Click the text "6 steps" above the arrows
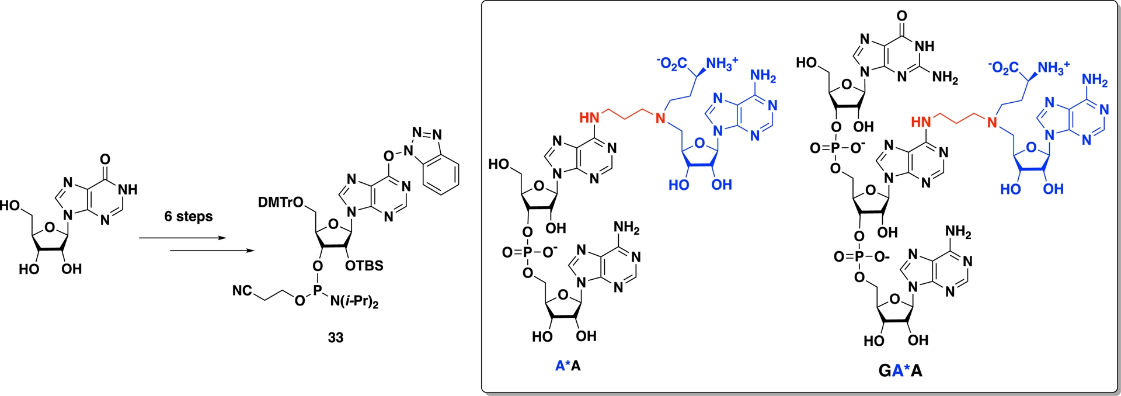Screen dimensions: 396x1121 [188, 217]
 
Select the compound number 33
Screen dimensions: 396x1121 [335, 338]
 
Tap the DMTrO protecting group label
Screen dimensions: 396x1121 [281, 203]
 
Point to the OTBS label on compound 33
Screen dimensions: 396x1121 [364, 266]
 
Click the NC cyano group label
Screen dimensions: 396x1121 [242, 290]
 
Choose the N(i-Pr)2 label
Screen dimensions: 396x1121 [354, 302]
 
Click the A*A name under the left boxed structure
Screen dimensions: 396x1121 [568, 366]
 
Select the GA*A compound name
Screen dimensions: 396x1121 [900, 370]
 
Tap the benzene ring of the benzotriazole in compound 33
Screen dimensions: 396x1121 [441, 173]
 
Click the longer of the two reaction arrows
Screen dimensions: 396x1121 [212, 251]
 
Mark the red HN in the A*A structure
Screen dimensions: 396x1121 [589, 117]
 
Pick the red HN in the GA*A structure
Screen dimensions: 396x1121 [921, 122]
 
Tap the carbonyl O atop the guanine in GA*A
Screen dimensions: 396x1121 [902, 15]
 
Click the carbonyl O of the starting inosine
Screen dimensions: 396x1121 [105, 159]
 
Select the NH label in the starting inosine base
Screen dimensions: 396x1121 [127, 190]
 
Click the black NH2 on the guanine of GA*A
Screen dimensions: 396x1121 [945, 77]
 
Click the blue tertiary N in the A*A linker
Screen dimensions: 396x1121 [660, 119]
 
